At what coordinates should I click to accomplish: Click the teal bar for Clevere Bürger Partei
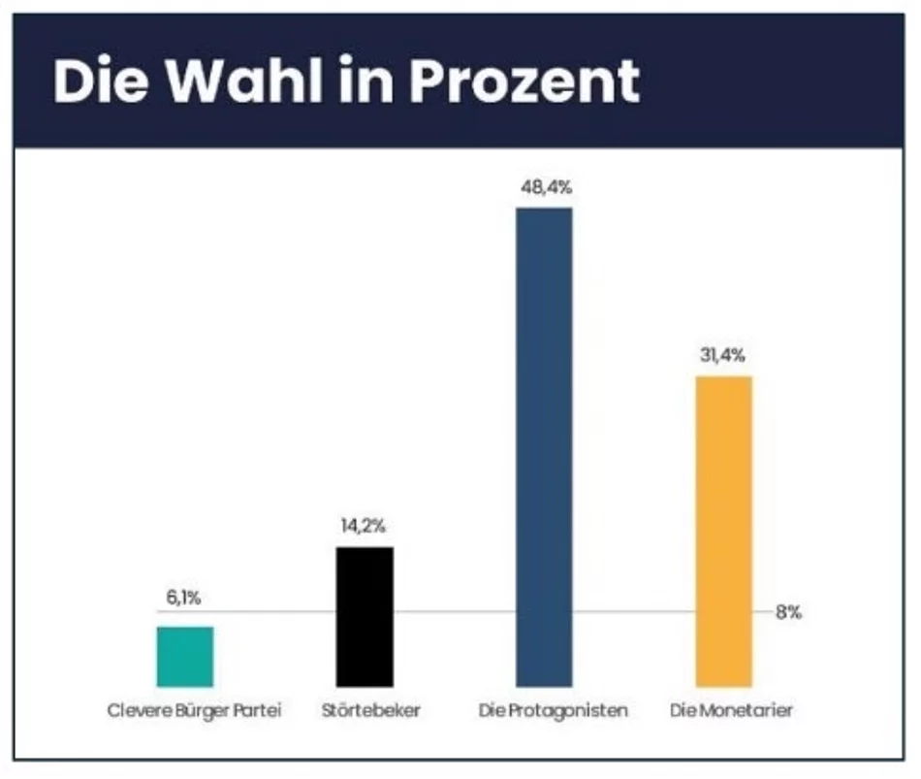tap(184, 657)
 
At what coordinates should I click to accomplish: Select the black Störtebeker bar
tap(365, 617)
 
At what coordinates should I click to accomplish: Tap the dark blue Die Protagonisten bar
tap(544, 447)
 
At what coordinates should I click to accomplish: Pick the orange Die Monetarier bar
tap(723, 532)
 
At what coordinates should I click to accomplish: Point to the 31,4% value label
tap(723, 355)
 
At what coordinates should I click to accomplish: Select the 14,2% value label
tap(365, 526)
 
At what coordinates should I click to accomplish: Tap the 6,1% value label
tap(183, 599)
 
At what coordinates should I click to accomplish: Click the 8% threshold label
tap(788, 613)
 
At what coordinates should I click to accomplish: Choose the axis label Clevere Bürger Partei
tap(193, 711)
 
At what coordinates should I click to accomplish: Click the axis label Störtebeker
tap(370, 711)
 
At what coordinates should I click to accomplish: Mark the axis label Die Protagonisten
tap(553, 711)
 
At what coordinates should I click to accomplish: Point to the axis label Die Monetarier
tap(732, 711)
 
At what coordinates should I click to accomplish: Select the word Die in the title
tap(93, 81)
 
